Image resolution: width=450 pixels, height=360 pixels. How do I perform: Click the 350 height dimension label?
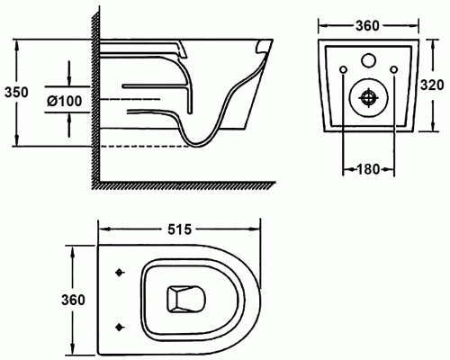coord(16,92)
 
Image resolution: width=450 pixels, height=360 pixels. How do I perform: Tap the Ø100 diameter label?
coord(64,101)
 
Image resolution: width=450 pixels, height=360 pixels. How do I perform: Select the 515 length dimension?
coord(179,229)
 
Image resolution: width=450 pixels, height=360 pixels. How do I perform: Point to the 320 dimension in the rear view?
coord(432,85)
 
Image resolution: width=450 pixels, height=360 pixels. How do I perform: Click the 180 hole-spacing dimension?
coord(368,169)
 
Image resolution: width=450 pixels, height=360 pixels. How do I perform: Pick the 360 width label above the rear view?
coord(367,26)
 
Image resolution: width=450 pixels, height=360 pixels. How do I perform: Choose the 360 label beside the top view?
coord(73,300)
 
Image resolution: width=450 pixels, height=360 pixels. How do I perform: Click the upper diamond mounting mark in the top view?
coord(120,273)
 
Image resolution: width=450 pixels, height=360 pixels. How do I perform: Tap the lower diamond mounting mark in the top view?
coord(120,328)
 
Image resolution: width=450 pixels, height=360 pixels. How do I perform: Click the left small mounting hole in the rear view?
coord(344,69)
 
